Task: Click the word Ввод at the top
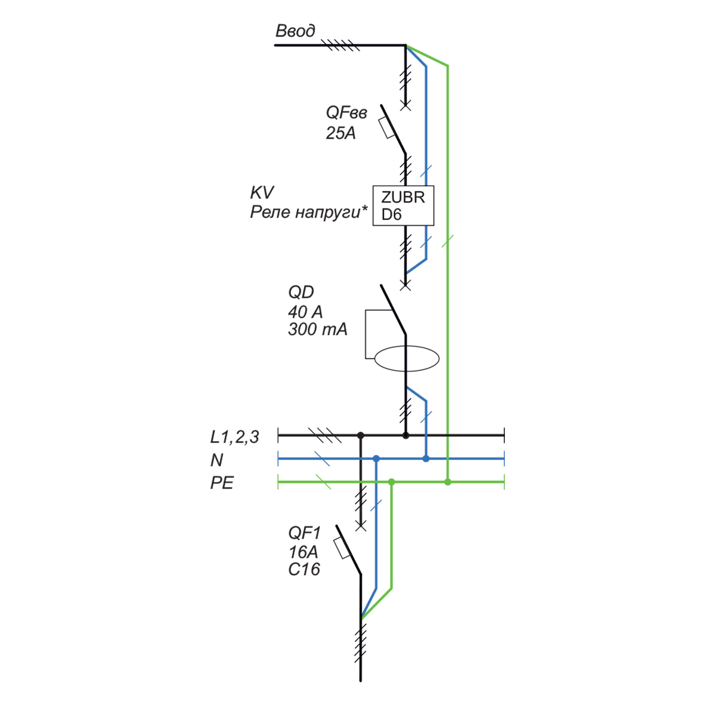coord(295,31)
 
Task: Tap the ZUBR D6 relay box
coord(403,206)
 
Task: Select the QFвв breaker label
coord(346,113)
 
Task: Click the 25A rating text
coord(340,133)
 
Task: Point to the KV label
coord(262,193)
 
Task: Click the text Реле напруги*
coord(308,212)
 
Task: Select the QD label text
coord(301,292)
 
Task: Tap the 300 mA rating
coord(317,329)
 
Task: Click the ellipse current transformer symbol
coord(407,359)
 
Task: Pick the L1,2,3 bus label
coord(235,436)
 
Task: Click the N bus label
coord(217,460)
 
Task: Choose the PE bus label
coord(222,483)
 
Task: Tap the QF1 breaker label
coord(304,532)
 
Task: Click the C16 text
coord(304,569)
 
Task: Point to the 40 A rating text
coord(305,312)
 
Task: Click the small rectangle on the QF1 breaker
coord(342,548)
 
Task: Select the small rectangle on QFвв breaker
coord(387,127)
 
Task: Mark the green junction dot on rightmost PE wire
coord(448,482)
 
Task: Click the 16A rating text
coord(303,551)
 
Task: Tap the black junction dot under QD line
coord(405,435)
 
